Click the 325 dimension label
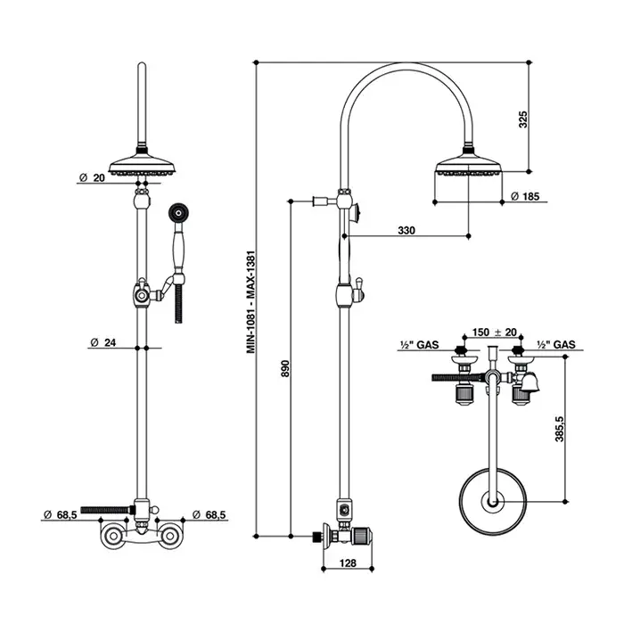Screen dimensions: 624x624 click(x=523, y=119)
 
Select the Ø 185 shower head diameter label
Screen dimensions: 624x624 click(x=525, y=196)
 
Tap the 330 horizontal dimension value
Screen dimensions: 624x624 click(x=406, y=230)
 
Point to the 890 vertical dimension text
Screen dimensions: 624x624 click(x=285, y=368)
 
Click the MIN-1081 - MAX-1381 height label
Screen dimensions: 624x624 click(x=250, y=302)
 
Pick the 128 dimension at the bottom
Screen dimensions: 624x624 click(x=348, y=563)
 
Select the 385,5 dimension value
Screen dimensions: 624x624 click(x=560, y=429)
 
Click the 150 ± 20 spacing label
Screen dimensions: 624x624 click(x=494, y=332)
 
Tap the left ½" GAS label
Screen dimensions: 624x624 click(x=420, y=345)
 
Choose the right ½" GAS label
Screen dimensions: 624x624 click(x=556, y=345)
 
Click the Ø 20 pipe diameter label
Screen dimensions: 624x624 click(x=92, y=178)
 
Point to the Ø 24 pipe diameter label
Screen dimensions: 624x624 click(x=103, y=342)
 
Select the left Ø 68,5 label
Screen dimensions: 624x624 click(x=61, y=514)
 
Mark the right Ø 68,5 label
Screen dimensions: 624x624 click(x=209, y=514)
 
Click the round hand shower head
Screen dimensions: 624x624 click(x=178, y=212)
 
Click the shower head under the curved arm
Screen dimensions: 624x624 click(x=469, y=165)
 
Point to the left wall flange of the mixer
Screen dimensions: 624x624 click(x=111, y=536)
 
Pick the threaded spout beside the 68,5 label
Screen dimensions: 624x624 click(x=108, y=509)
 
